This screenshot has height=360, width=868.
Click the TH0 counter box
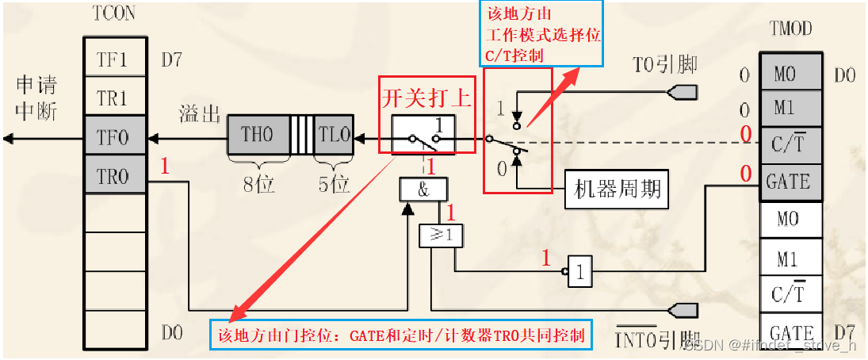(x=257, y=134)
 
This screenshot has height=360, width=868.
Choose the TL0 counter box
(x=333, y=134)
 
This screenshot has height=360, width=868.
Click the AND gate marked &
(x=423, y=189)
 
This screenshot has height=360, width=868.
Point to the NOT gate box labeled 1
(x=579, y=273)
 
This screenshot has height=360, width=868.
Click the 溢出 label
(x=199, y=112)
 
